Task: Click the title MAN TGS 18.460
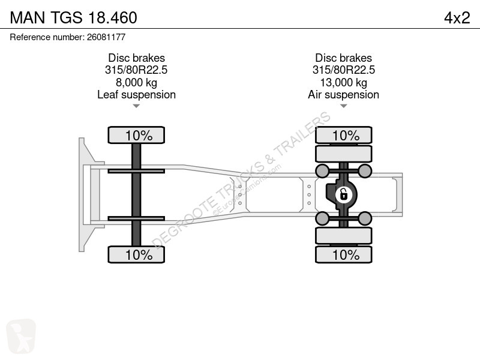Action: click(73, 17)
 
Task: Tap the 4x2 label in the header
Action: click(457, 17)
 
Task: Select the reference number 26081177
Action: click(106, 37)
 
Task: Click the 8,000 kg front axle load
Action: click(136, 82)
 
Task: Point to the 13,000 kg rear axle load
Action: click(343, 82)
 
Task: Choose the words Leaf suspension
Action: click(137, 95)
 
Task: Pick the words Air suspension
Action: click(343, 95)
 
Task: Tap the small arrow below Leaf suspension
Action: click(136, 106)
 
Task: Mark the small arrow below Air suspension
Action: click(343, 106)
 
